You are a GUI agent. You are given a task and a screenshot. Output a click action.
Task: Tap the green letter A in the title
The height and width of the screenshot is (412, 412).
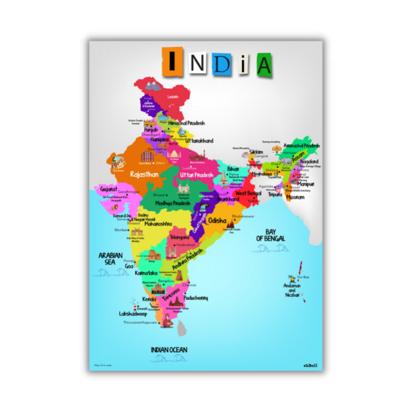pos(263,64)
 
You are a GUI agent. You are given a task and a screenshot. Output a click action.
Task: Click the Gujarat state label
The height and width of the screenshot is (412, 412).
pos(109,189)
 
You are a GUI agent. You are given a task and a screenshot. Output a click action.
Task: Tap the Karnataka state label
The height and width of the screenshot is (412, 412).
pos(146,273)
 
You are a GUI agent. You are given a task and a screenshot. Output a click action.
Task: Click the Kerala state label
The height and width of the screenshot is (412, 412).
pos(150,300)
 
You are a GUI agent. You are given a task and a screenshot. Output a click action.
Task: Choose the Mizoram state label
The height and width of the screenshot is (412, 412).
pos(295,198)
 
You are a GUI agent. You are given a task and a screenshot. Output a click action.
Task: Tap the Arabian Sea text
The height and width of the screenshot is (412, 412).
pos(110,258)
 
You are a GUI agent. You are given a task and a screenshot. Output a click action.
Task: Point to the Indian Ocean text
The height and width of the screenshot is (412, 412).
pos(169,350)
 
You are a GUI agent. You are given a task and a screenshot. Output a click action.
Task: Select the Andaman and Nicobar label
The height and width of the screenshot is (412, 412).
pos(292,290)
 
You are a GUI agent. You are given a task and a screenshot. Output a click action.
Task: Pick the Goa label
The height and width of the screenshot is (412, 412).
pos(129,265)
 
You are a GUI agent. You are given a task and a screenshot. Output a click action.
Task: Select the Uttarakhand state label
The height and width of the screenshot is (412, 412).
pos(200,140)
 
